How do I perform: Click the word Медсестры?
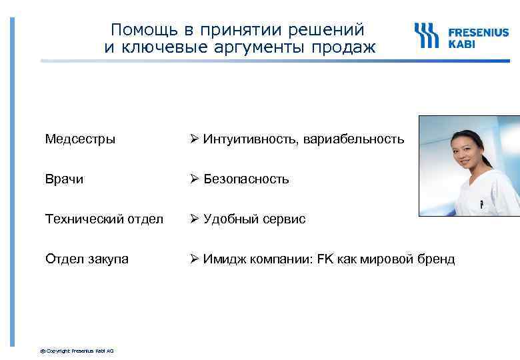tap(80, 139)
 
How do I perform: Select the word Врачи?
tap(64, 179)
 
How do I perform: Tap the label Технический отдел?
tap(104, 219)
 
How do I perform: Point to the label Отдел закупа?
tap(87, 259)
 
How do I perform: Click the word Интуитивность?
tap(251, 139)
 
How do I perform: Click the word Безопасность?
tap(246, 179)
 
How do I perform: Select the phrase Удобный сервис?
tap(254, 219)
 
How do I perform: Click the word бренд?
tap(436, 259)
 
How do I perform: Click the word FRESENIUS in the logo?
tap(479, 31)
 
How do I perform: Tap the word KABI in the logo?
tap(461, 43)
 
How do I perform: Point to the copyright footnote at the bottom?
tap(77, 350)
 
